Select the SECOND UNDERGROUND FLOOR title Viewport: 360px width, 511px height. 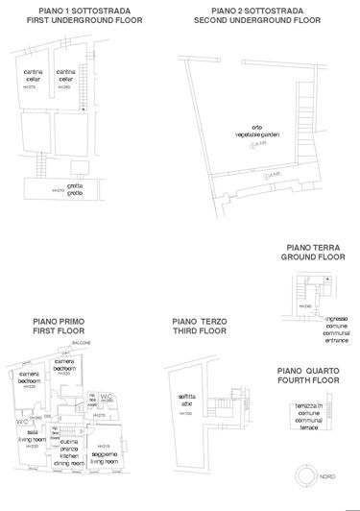[x=251, y=18]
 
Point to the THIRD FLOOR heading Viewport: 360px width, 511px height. [x=199, y=330]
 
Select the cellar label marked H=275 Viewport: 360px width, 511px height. [x=32, y=76]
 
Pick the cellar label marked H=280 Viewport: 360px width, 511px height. [x=66, y=76]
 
